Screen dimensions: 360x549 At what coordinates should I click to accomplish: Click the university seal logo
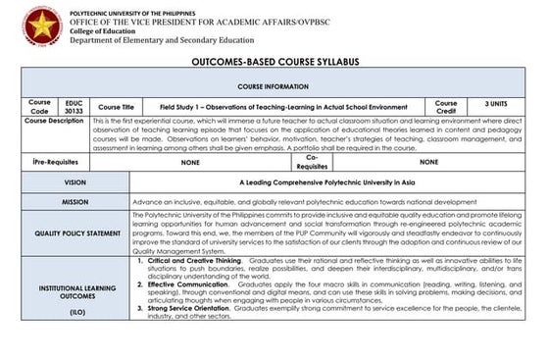(42, 26)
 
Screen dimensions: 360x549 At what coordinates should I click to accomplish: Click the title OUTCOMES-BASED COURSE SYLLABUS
(274, 63)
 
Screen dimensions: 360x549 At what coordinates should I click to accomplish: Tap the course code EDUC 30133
(75, 106)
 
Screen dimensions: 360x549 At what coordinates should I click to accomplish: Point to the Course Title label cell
(117, 106)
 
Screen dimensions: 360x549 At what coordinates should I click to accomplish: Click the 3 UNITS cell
(501, 102)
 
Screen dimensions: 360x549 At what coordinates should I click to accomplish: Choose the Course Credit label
(446, 106)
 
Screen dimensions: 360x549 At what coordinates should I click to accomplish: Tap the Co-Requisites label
(312, 162)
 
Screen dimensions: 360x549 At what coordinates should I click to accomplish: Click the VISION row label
(75, 182)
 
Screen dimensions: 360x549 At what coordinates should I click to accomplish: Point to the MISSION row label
(75, 201)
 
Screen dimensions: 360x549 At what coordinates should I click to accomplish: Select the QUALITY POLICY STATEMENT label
(75, 233)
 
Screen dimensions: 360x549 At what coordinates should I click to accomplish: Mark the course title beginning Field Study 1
(283, 106)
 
